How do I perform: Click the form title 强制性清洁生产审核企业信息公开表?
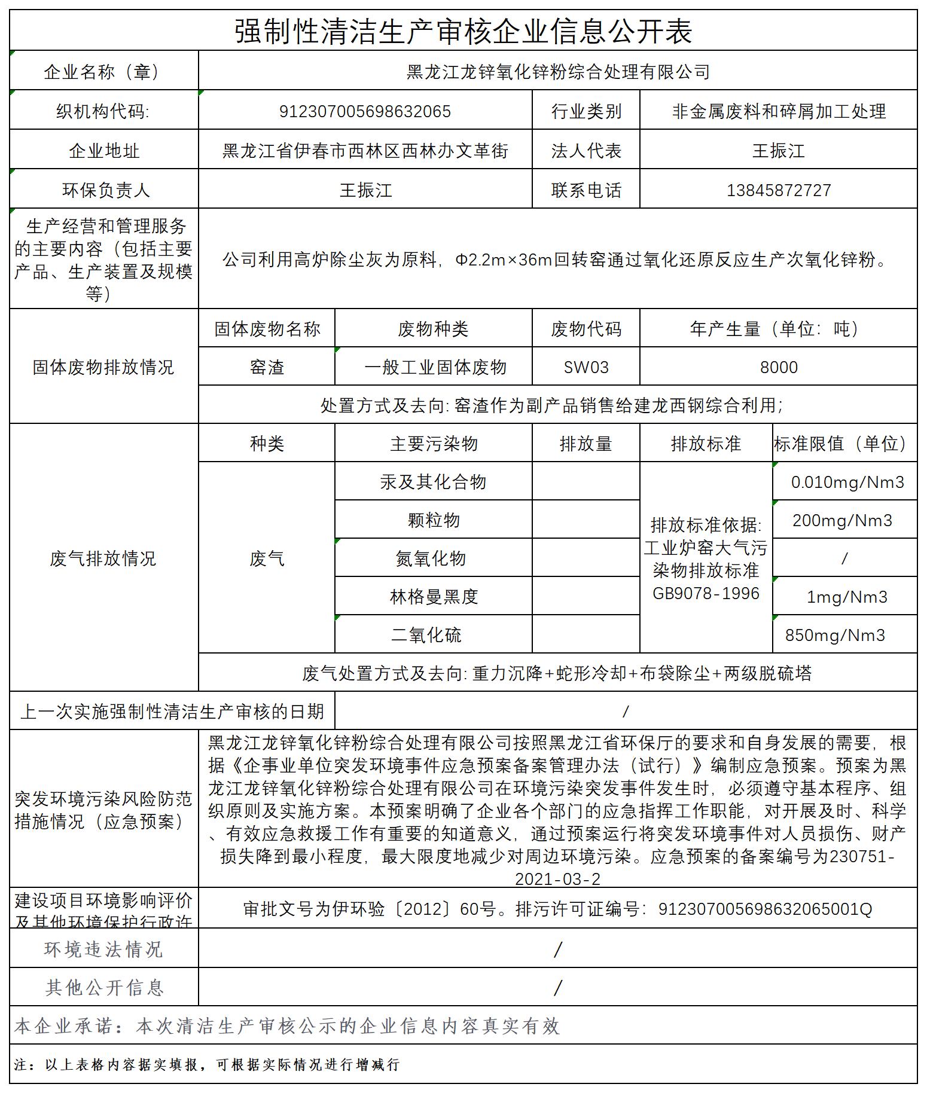(463, 31)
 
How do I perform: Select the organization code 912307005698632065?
(365, 111)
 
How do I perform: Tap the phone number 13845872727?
(779, 190)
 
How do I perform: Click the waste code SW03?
(586, 367)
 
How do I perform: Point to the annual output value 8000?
(779, 367)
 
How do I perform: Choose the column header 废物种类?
(433, 329)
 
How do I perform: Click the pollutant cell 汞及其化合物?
(433, 482)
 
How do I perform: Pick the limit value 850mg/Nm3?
(835, 635)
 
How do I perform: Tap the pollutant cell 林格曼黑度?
(433, 597)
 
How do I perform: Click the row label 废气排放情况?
(103, 558)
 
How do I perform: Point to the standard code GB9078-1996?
(706, 594)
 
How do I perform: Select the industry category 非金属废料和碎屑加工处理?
(779, 111)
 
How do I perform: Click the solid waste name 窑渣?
(267, 367)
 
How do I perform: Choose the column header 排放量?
(586, 444)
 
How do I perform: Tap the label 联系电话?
(586, 190)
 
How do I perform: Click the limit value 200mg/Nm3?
(842, 520)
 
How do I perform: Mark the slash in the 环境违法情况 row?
(558, 949)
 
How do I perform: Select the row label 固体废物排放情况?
(103, 367)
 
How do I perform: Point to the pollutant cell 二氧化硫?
(426, 635)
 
